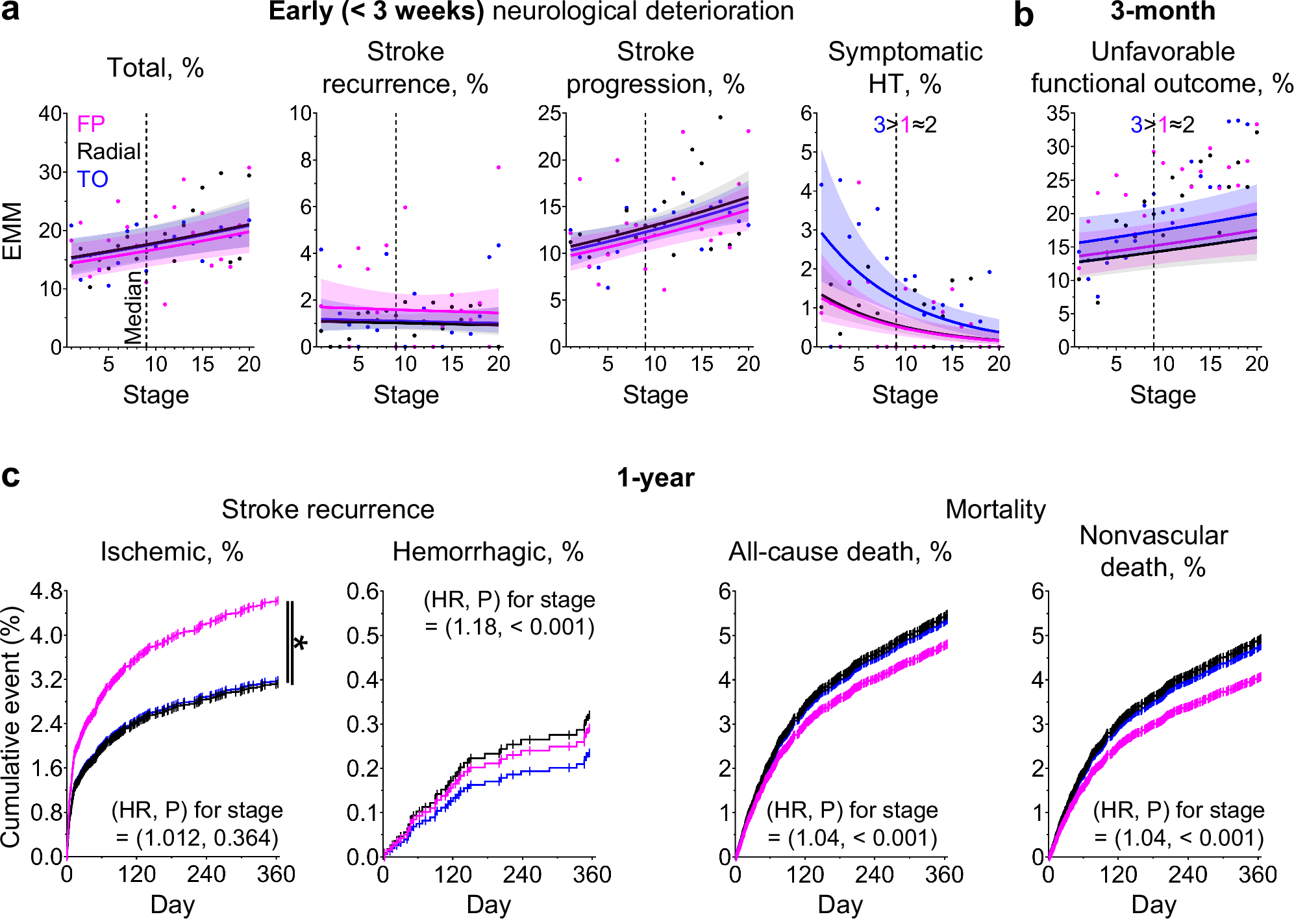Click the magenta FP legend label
point(91,123)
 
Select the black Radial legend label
point(108,151)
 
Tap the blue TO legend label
point(92,179)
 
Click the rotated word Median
point(133,307)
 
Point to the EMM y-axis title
point(12,231)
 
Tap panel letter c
point(10,476)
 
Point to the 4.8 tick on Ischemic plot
point(46,591)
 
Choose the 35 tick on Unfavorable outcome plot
point(1058,114)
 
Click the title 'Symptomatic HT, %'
point(904,68)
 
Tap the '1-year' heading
point(655,478)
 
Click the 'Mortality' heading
point(995,510)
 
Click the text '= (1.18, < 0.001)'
point(510,627)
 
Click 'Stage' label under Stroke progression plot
point(655,395)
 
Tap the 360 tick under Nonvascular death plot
point(1257,875)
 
